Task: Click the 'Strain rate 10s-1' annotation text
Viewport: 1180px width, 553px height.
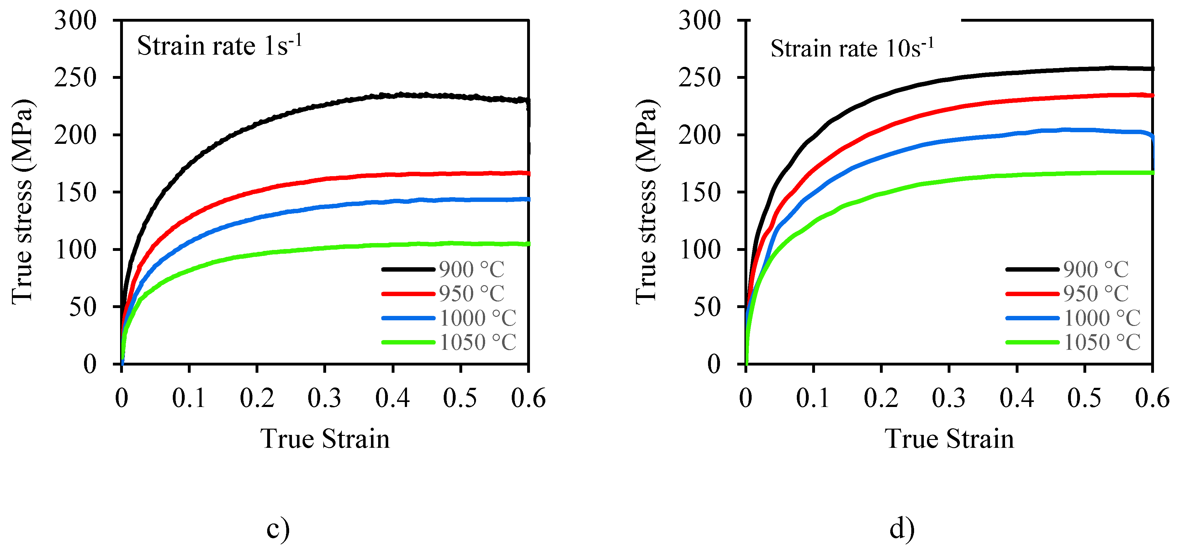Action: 852,48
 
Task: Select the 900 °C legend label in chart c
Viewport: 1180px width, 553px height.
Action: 471,270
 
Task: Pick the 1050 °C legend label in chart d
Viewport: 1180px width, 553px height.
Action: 1102,343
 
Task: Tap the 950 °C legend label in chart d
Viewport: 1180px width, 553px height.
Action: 1095,294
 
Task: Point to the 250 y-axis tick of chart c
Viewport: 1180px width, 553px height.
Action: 76,78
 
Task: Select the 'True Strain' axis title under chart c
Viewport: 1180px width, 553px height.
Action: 325,439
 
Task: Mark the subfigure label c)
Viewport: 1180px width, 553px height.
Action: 278,529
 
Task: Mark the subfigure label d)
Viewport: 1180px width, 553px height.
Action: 902,529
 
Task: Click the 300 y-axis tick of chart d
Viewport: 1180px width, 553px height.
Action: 700,21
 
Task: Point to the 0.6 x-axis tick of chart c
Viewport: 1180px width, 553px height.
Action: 528,398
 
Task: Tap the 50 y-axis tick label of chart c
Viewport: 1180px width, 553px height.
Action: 82,307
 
